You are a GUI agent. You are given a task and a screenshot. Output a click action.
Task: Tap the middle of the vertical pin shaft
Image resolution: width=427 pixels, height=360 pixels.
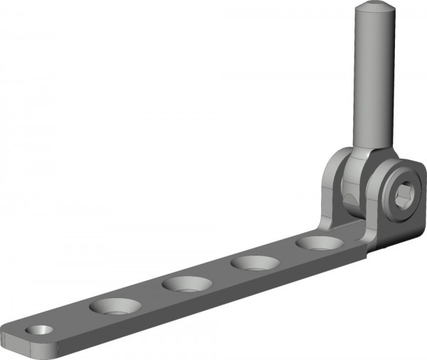[x=372, y=78]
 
